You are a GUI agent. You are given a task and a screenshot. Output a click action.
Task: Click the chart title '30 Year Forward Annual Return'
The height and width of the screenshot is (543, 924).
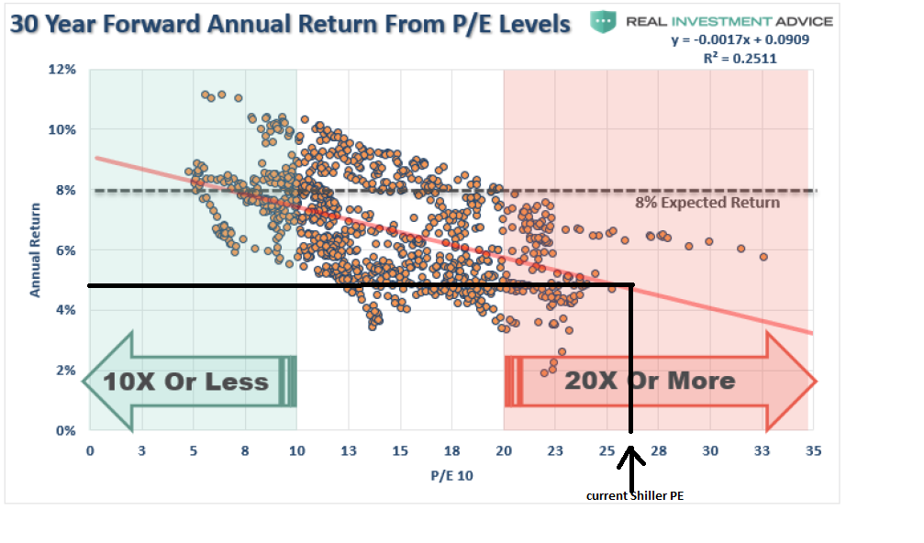(x=290, y=23)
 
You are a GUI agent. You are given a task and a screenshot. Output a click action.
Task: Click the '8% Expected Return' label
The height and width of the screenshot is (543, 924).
(x=707, y=203)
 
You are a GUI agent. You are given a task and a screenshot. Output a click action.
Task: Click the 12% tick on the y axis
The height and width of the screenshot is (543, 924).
(x=61, y=70)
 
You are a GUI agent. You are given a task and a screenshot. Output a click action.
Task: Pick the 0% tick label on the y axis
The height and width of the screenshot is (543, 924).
(x=65, y=430)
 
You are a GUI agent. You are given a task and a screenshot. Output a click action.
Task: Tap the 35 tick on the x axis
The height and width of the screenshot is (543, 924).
(x=813, y=450)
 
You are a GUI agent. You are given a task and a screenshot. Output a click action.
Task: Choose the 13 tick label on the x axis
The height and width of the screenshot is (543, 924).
(x=349, y=450)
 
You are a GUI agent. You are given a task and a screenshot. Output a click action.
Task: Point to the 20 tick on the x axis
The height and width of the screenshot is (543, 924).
(x=503, y=450)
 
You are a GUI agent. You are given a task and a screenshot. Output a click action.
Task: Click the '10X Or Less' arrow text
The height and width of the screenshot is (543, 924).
(x=186, y=382)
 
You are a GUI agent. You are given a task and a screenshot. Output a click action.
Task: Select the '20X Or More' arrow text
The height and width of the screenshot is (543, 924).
(x=650, y=381)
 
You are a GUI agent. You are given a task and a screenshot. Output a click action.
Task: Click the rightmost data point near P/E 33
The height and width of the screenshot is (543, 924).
(x=763, y=257)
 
